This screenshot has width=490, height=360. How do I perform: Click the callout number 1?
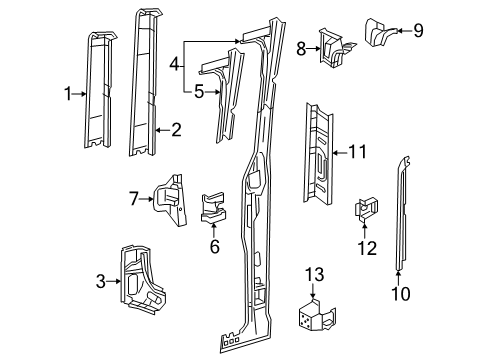[x=68, y=94]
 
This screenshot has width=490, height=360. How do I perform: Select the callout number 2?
[x=176, y=130]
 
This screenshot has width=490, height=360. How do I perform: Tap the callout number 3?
[x=100, y=281]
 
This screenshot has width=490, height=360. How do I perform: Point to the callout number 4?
[x=174, y=64]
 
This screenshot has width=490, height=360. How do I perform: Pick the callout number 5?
[x=199, y=92]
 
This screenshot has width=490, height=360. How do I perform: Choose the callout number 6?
[x=214, y=246]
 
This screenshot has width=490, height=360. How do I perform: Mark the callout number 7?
[x=134, y=199]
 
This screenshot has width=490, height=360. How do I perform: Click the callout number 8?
[x=301, y=49]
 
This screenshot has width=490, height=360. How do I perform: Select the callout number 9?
[x=418, y=31]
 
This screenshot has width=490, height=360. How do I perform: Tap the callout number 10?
[x=400, y=294]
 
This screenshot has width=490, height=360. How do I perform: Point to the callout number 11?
[x=358, y=152]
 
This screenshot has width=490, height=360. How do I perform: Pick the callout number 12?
[x=367, y=248]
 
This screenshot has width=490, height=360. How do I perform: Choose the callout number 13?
[x=315, y=275]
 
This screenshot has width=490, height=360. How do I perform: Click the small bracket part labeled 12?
[x=366, y=209]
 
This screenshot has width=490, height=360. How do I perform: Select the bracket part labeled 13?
[x=316, y=315]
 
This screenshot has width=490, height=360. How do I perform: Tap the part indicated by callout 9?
[x=379, y=33]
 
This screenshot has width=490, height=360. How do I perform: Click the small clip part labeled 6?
[x=213, y=207]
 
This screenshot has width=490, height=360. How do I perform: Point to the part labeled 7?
[x=169, y=200]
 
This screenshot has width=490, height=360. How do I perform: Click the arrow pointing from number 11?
[x=340, y=153]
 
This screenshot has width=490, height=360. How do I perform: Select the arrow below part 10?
[x=398, y=279]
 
